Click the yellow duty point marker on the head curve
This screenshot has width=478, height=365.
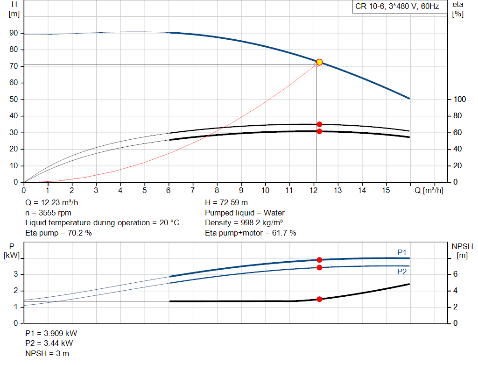click(x=319, y=62)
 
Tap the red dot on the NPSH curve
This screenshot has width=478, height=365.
click(x=319, y=299)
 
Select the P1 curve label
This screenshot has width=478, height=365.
click(x=402, y=252)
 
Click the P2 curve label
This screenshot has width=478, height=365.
click(x=402, y=272)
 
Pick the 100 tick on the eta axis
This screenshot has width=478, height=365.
click(x=459, y=100)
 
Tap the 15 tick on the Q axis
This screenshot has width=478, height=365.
click(x=386, y=191)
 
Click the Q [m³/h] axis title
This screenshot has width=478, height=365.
click(x=429, y=190)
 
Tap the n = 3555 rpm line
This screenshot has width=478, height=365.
click(x=48, y=213)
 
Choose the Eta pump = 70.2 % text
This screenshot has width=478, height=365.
click(x=58, y=233)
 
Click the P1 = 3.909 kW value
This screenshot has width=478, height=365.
click(x=51, y=334)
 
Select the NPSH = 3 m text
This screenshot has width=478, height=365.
click(x=47, y=353)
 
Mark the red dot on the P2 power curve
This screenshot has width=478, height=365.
click(x=319, y=267)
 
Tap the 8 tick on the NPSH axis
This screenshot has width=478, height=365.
click(x=458, y=258)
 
